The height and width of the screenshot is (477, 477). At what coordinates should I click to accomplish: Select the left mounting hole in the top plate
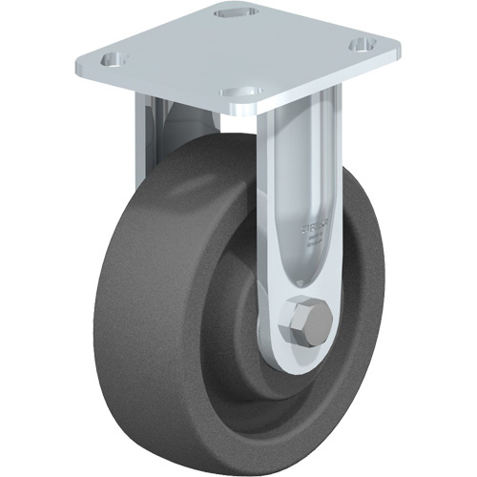tap(114, 60)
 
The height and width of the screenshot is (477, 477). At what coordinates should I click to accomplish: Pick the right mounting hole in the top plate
tap(362, 44)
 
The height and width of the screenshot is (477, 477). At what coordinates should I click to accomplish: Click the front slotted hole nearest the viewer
tap(237, 93)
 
